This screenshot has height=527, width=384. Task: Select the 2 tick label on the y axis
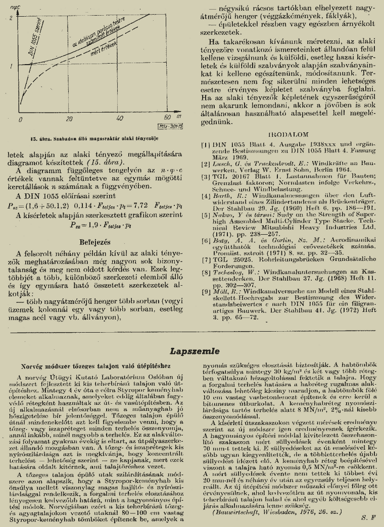pyautogui.click(x=11, y=18)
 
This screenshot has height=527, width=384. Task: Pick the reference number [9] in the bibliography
pyautogui.click(x=206, y=291)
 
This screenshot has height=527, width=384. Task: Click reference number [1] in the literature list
pyautogui.click(x=206, y=144)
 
